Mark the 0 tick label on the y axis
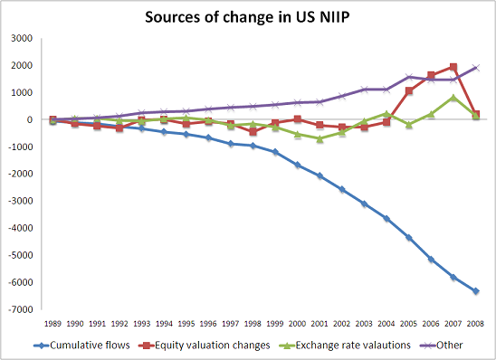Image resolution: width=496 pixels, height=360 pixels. pyautogui.click(x=29, y=119)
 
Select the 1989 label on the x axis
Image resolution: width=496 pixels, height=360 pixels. pyautogui.click(x=52, y=322)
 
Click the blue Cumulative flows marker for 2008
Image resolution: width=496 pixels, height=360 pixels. pyautogui.click(x=476, y=291)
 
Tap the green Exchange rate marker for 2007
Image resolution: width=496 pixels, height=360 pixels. pyautogui.click(x=453, y=97)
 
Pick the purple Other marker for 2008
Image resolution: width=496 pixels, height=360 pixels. pyautogui.click(x=476, y=68)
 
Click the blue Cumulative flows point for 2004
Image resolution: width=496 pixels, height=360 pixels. pyautogui.click(x=386, y=218)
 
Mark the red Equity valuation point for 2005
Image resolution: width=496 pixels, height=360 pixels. pyautogui.click(x=409, y=90)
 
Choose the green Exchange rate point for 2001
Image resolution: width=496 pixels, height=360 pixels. pyautogui.click(x=320, y=138)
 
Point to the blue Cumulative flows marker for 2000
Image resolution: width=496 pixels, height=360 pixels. pyautogui.click(x=298, y=165)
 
